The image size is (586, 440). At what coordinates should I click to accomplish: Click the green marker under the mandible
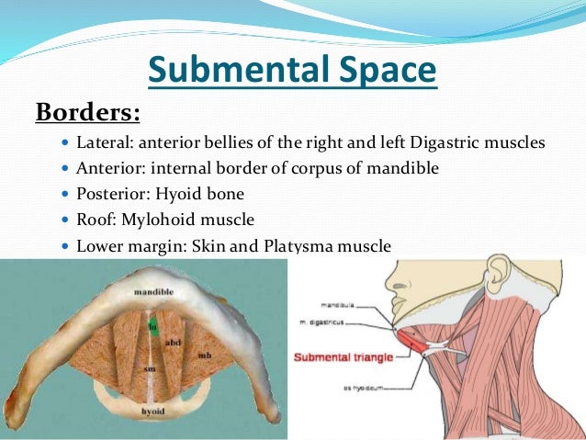point(154,322)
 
